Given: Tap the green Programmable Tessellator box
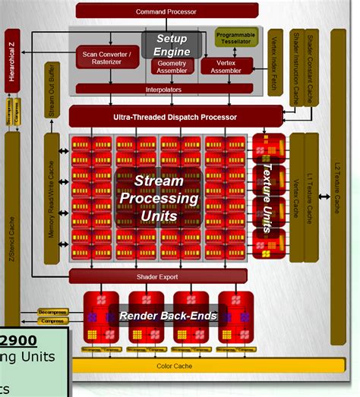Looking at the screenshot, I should click(235, 38).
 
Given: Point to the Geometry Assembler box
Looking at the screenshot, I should click(171, 67).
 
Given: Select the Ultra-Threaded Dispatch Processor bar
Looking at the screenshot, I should click(164, 117).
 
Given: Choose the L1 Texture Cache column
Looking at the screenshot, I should click(311, 197).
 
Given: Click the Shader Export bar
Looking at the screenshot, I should click(159, 276).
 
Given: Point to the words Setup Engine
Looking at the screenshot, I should click(172, 45).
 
